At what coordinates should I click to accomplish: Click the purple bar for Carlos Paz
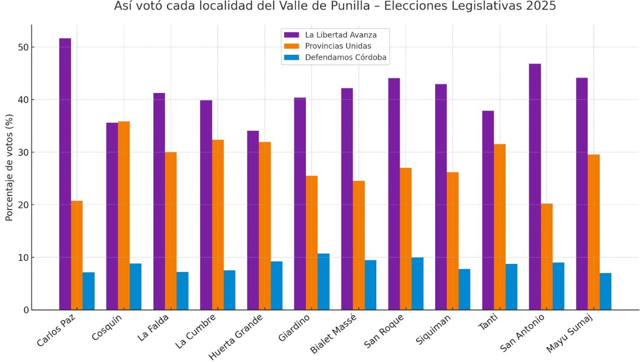65,174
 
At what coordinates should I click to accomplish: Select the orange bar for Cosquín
124,216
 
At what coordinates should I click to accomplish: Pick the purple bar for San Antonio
535,187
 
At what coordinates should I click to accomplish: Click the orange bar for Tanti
500,227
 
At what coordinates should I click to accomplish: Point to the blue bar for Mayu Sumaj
605,291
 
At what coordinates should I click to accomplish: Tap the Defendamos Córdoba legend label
346,57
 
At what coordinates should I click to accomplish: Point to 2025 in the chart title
542,7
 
